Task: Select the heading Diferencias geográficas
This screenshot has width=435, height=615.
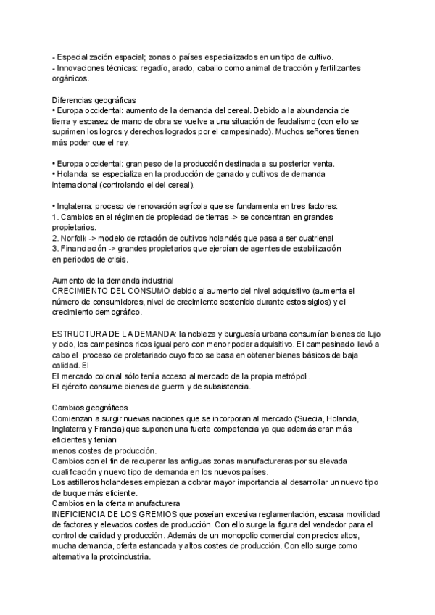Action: [94, 99]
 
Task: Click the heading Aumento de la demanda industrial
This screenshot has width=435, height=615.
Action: [112, 280]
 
